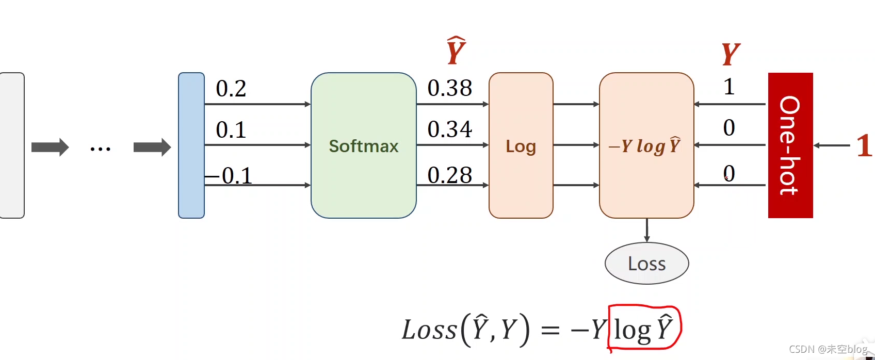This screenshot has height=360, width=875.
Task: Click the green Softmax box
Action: tap(363, 145)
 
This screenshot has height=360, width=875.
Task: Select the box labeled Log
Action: tap(521, 145)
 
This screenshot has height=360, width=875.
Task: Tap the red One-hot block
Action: tap(790, 145)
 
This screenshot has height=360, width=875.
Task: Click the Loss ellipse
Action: tap(646, 264)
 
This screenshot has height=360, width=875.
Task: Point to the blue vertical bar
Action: tap(191, 145)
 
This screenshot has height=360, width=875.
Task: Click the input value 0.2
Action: tap(231, 89)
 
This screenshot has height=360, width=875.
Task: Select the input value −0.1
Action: tap(230, 176)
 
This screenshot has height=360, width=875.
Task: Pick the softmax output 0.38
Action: tap(449, 88)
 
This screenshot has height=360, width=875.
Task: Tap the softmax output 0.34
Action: tap(449, 129)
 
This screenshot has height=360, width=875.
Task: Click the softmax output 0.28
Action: tap(449, 175)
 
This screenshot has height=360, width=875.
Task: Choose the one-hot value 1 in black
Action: tap(728, 87)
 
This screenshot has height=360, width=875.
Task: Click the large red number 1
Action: tap(864, 145)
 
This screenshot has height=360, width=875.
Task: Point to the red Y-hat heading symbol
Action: tap(456, 51)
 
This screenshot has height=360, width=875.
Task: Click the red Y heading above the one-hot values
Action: tap(730, 54)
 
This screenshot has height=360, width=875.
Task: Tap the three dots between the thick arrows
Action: tap(100, 149)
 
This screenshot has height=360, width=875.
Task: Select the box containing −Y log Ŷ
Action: tap(646, 145)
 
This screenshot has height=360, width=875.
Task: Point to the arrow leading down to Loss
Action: tap(646, 230)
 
